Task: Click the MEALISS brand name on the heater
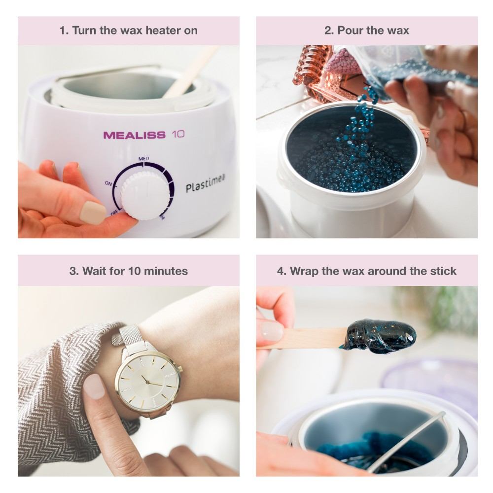point(134,135)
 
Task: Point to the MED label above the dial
point(143,159)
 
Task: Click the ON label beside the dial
point(108,183)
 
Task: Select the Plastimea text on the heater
point(205,183)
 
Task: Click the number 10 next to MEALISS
point(178,135)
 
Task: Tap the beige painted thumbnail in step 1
point(93,213)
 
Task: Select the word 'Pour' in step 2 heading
point(350,31)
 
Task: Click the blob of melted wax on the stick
point(381,336)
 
